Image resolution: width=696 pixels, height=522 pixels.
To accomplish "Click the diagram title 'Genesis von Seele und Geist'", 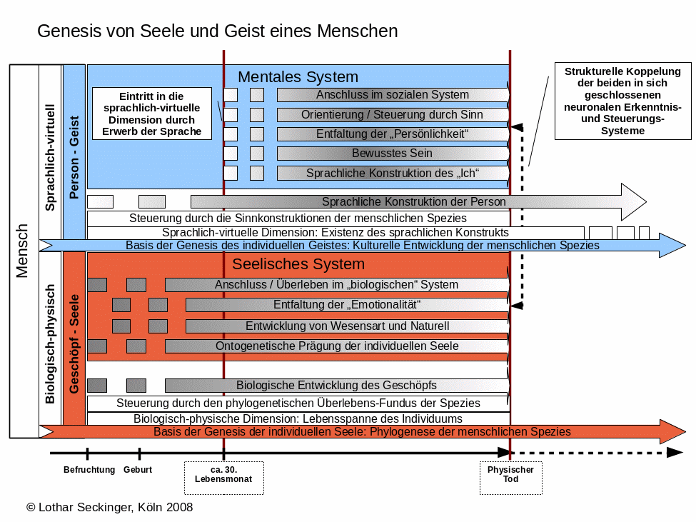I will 217,31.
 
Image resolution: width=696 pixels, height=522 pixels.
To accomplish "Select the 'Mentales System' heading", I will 298,76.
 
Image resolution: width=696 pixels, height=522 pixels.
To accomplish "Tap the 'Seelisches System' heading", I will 298,264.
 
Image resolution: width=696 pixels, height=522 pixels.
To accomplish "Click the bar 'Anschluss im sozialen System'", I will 393,94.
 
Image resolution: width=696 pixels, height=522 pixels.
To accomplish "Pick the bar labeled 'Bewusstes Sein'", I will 393,153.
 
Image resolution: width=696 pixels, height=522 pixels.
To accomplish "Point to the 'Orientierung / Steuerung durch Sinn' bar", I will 393,114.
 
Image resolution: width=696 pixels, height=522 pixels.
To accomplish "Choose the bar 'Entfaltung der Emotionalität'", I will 347,305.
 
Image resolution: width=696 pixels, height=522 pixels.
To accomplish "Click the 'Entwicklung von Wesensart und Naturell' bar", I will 347,326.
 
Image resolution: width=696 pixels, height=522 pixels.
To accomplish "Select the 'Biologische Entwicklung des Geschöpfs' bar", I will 336,386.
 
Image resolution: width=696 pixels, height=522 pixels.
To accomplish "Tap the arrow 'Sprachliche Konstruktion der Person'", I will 414,201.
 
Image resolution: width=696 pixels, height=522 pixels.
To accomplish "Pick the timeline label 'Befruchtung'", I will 89,470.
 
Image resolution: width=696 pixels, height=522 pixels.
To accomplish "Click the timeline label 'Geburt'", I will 138,470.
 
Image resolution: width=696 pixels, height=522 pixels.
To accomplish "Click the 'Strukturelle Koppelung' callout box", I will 622,101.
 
